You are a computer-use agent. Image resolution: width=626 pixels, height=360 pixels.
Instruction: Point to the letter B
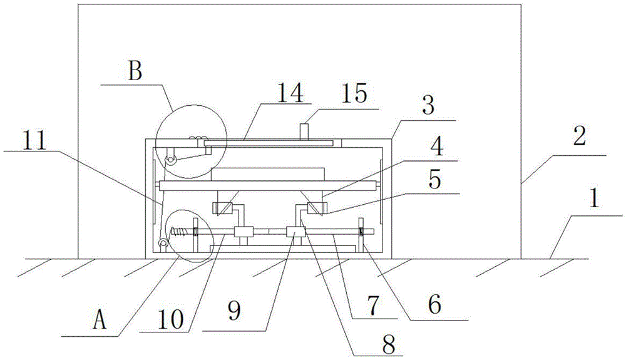click(135, 71)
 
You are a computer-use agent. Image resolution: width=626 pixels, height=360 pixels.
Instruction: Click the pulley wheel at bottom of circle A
click(163, 243)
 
